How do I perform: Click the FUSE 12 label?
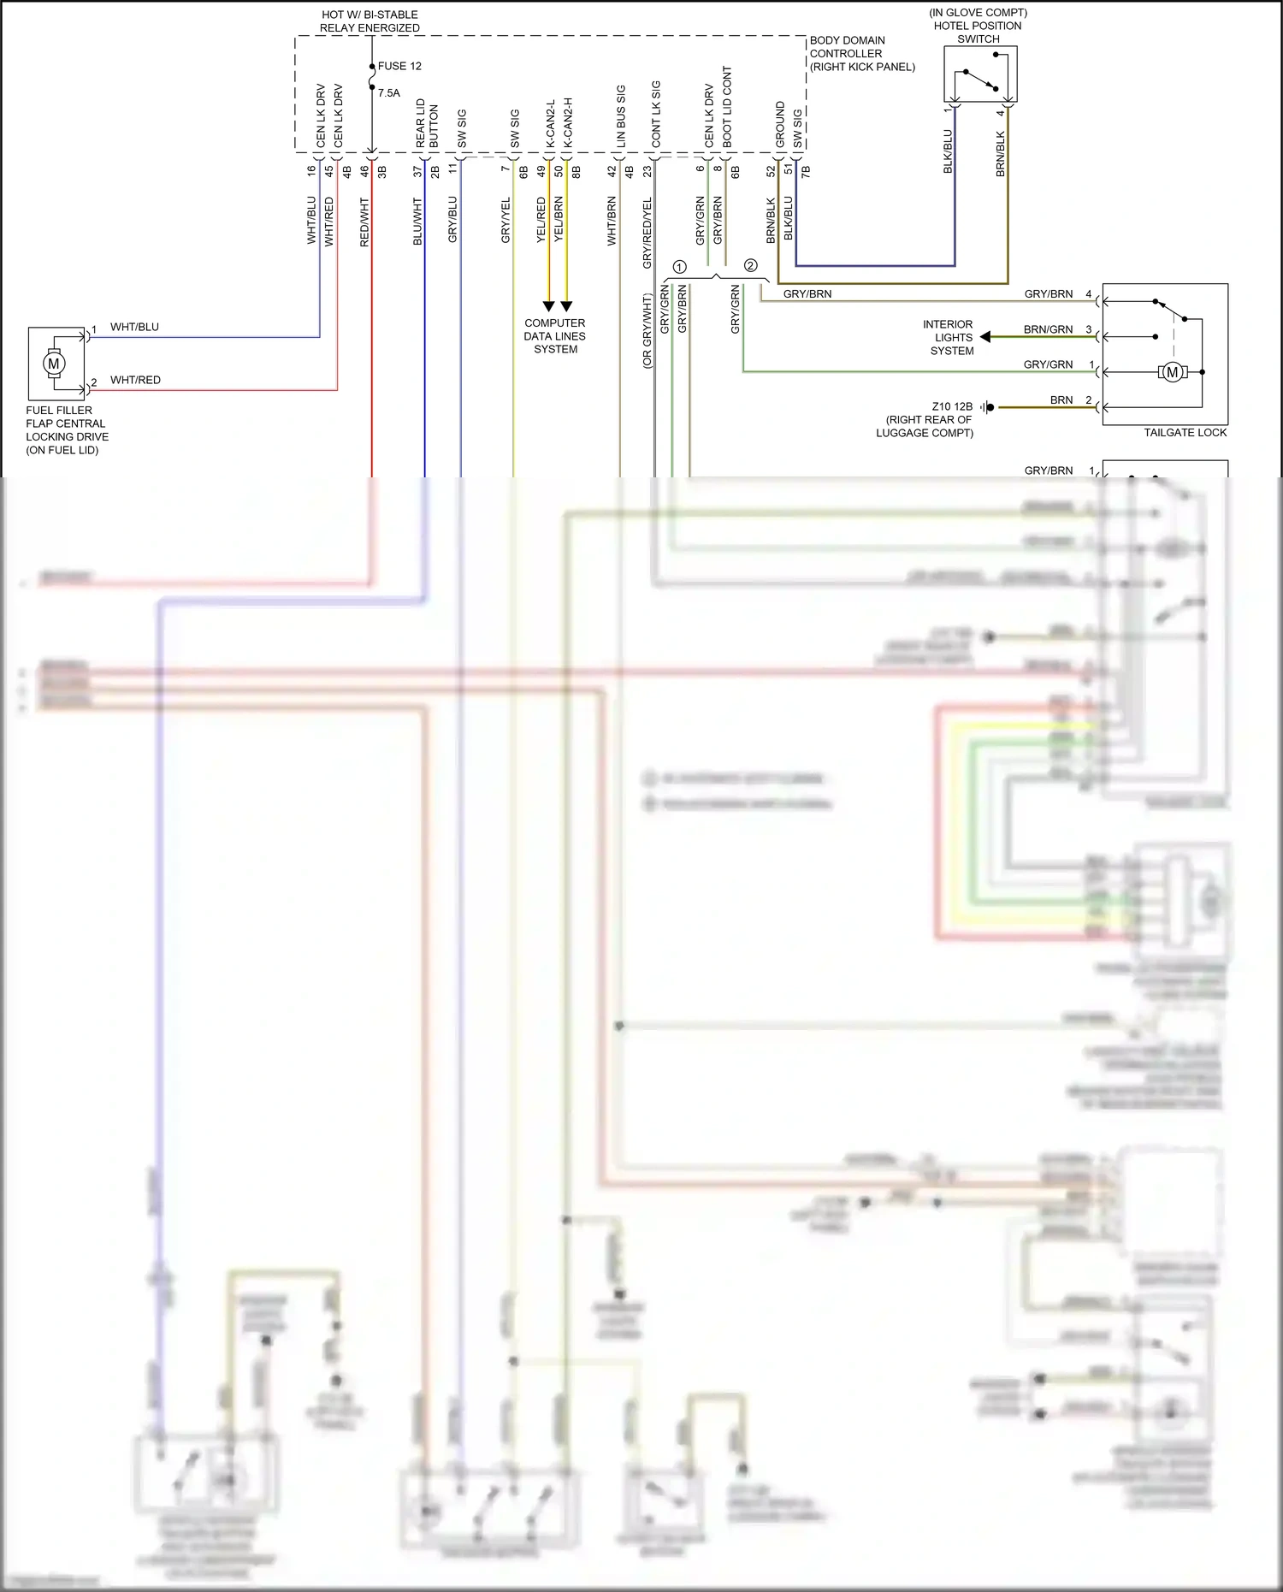(399, 66)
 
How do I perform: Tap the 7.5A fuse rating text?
(389, 93)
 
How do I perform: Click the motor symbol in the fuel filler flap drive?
(54, 364)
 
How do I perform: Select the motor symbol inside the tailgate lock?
(1173, 372)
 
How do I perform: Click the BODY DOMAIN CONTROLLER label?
(861, 53)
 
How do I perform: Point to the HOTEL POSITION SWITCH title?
(978, 26)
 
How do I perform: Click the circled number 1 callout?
(679, 267)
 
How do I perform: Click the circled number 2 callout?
(750, 265)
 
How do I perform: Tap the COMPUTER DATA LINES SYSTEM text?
(555, 336)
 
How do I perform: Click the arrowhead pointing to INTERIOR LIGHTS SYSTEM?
(985, 337)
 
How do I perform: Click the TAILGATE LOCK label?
(1185, 433)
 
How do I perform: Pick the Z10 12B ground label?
(951, 407)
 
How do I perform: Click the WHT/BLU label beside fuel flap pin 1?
(134, 327)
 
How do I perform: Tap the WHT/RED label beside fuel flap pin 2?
(135, 380)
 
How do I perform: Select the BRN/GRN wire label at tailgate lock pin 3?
(1048, 329)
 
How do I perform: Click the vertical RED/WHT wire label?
(364, 222)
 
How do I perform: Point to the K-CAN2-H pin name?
(567, 121)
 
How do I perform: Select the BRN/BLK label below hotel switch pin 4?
(1001, 154)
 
